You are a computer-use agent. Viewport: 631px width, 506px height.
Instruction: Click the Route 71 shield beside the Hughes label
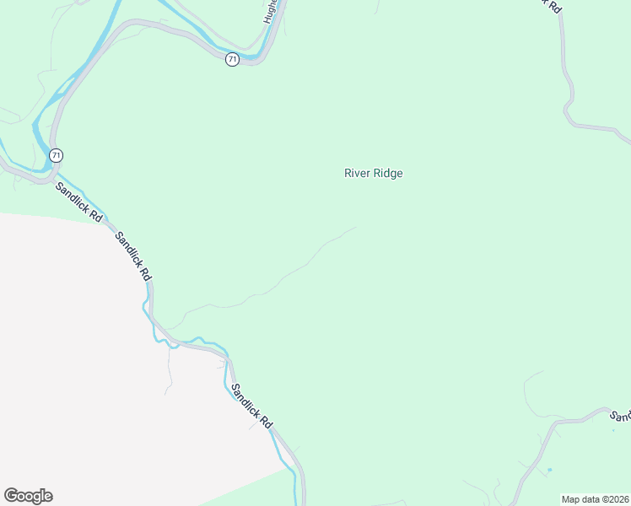tap(232, 59)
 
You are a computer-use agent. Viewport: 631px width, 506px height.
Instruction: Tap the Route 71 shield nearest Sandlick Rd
tap(56, 155)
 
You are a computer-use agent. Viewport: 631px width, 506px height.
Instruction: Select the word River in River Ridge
tap(358, 173)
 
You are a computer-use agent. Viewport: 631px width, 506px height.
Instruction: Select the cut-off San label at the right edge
tap(621, 416)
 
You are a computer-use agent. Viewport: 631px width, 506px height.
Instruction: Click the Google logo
tap(28, 496)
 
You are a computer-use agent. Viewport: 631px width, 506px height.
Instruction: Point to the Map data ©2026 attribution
tap(596, 499)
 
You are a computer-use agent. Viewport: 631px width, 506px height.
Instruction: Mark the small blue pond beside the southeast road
tap(549, 469)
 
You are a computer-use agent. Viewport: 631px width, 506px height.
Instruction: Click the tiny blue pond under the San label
tap(613, 430)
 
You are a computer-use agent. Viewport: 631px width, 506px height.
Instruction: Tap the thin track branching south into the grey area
tap(170, 371)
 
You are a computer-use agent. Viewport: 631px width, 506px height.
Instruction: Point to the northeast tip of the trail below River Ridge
tap(355, 227)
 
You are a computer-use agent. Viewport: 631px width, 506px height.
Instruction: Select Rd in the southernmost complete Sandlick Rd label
tap(266, 421)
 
